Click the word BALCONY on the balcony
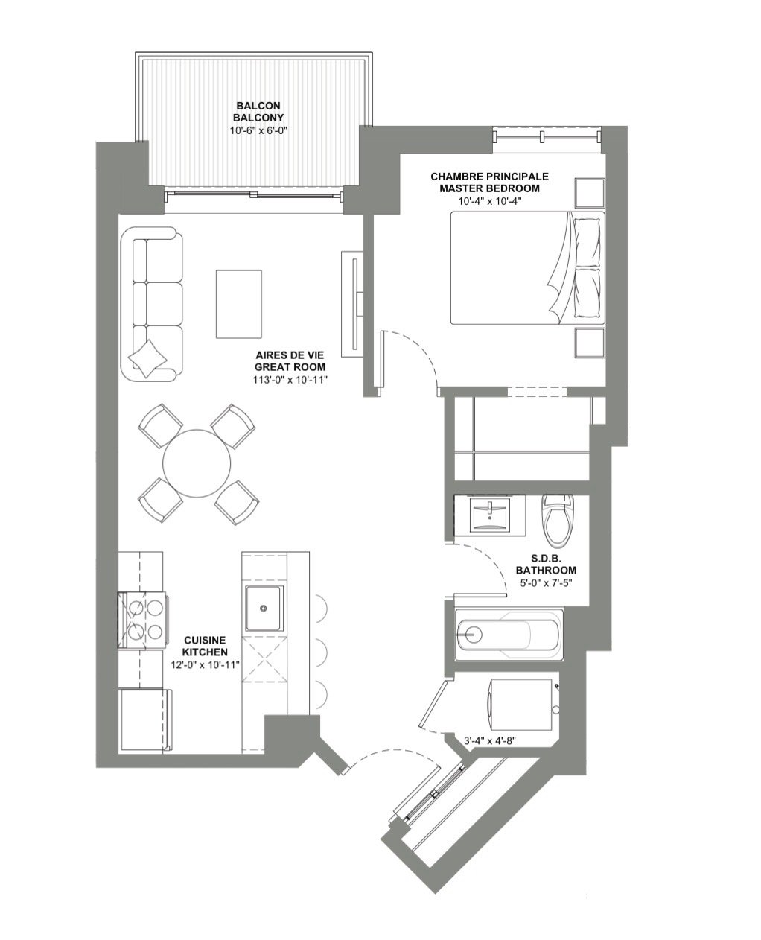pyautogui.click(x=258, y=118)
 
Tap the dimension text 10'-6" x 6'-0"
pyautogui.click(x=258, y=130)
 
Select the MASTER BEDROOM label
pyautogui.click(x=489, y=188)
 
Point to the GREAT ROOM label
pyautogui.click(x=290, y=366)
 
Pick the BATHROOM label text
pyautogui.click(x=546, y=570)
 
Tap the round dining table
pyautogui.click(x=197, y=463)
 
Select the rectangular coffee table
pyautogui.click(x=239, y=304)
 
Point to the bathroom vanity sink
pyautogui.click(x=490, y=516)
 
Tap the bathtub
pyautogui.click(x=509, y=635)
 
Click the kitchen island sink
pyautogui.click(x=264, y=609)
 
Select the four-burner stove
pyautogui.click(x=141, y=620)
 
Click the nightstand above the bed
pyautogui.click(x=590, y=193)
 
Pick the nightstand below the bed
pyautogui.click(x=590, y=342)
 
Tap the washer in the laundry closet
pyautogui.click(x=521, y=705)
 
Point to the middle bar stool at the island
pyautogui.click(x=321, y=650)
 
